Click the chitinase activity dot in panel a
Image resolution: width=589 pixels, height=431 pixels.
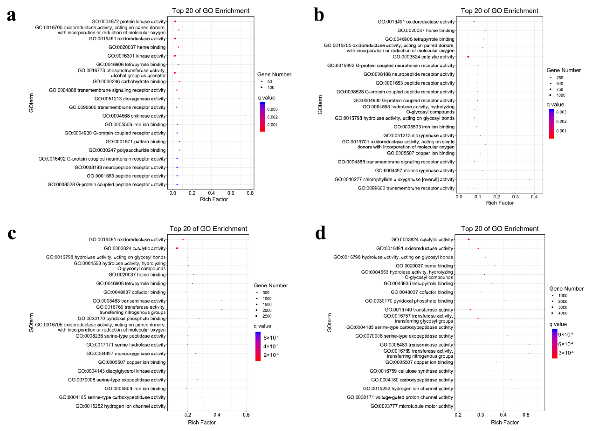click(x=245, y=116)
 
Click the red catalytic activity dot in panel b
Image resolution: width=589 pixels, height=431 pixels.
click(x=468, y=57)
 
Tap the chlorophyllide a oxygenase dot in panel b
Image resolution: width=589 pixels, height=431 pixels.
click(x=529, y=179)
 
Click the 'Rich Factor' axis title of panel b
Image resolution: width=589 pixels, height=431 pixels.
click(x=499, y=203)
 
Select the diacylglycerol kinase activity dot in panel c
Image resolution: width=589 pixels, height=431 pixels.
click(x=238, y=371)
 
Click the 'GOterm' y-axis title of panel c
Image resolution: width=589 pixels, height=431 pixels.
click(x=31, y=323)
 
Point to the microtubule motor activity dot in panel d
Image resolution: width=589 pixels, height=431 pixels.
click(x=499, y=406)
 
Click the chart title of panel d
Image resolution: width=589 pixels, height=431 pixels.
click(x=499, y=229)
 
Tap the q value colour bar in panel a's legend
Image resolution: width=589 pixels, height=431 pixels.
click(x=262, y=117)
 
